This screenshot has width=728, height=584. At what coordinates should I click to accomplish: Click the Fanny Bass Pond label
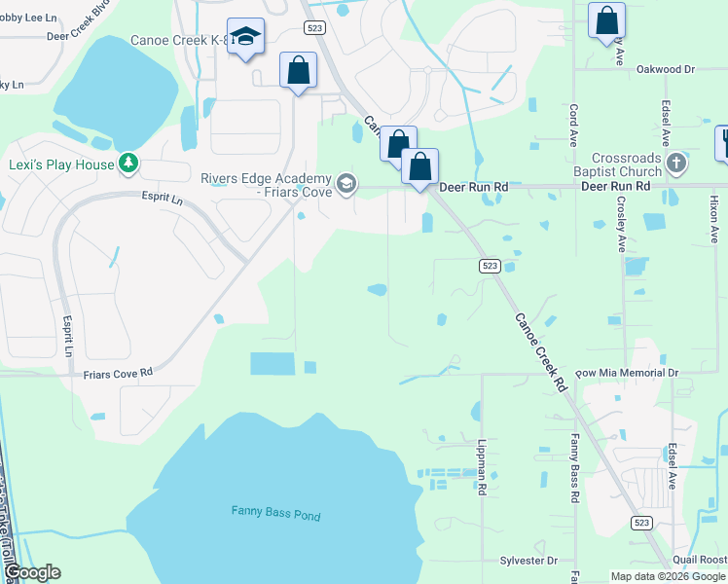(275, 514)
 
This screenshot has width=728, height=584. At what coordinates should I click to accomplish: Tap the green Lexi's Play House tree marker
(127, 164)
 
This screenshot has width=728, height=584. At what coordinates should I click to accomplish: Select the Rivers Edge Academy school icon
(346, 184)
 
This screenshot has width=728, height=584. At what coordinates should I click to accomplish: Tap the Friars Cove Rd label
(118, 373)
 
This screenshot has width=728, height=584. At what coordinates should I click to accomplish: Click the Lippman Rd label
(482, 466)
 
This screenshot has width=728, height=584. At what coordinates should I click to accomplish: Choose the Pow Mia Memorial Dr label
(626, 373)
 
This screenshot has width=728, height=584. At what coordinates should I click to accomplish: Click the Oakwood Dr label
(666, 69)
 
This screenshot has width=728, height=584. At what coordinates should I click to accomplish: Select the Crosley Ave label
(620, 224)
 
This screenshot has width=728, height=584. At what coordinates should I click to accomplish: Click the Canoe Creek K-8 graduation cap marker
(245, 37)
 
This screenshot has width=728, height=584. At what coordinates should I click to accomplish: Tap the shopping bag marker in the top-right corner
(607, 19)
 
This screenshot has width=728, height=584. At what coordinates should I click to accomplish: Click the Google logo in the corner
(32, 572)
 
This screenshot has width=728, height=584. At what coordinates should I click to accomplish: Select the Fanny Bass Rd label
(574, 471)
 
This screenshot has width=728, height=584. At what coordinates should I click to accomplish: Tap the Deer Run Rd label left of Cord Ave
(474, 185)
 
